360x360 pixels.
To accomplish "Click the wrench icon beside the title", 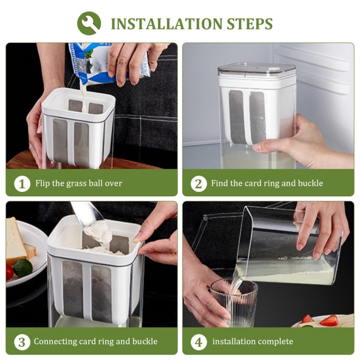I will point(89,23).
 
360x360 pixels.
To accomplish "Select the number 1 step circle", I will point(22,183).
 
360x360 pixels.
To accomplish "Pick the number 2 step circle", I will point(199,183).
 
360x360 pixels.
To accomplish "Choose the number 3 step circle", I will point(22,342).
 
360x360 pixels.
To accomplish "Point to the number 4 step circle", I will point(199,342).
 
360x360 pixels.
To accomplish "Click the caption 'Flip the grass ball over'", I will point(79,183).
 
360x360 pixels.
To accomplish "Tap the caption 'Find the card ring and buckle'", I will point(267,183).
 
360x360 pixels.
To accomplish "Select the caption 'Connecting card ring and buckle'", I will point(96,342).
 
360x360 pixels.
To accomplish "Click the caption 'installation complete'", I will point(252,342).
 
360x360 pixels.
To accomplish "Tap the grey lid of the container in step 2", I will point(256,70).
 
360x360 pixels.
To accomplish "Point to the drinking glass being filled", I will point(234,302).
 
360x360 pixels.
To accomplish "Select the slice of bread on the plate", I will point(16,242).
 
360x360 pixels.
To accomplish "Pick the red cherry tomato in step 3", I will point(10,272).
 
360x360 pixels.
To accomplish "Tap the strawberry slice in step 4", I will point(329,320).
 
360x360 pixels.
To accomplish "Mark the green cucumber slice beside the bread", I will point(23,268).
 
